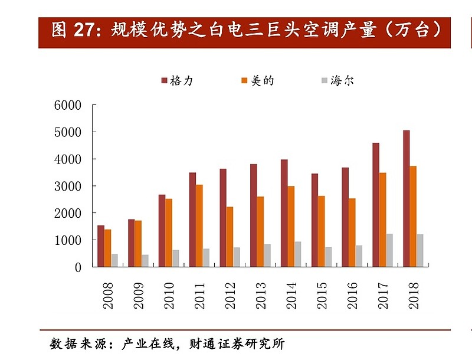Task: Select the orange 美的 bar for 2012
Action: (x=230, y=237)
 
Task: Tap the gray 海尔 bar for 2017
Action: (x=389, y=250)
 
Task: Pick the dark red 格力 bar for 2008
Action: (x=101, y=246)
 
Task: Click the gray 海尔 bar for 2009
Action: (x=145, y=261)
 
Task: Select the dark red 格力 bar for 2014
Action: (x=284, y=213)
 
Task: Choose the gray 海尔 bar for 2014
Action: (x=298, y=254)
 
